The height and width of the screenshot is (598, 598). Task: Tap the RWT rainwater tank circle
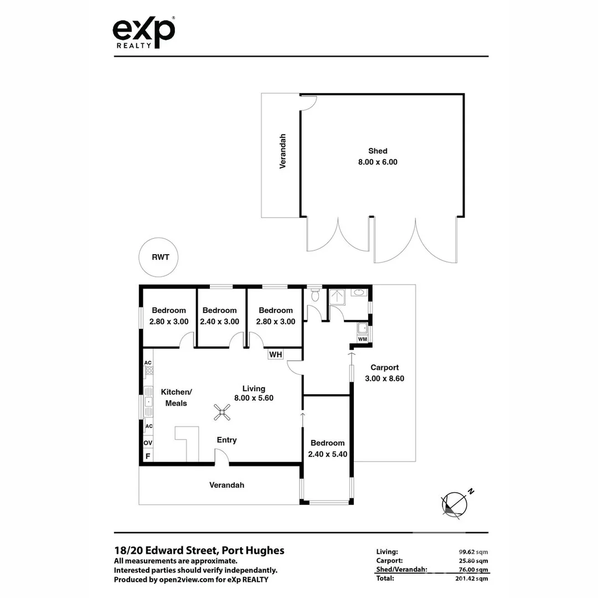(x=160, y=257)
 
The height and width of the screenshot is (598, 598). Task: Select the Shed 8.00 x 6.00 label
(x=378, y=157)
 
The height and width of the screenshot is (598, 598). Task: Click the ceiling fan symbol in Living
(x=223, y=411)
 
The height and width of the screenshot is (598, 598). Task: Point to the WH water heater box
(x=276, y=354)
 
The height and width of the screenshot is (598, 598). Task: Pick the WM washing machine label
(x=363, y=338)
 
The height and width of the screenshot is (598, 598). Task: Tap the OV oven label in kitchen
(x=148, y=443)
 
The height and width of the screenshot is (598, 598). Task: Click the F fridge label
(x=147, y=456)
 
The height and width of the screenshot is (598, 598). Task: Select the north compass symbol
(x=455, y=504)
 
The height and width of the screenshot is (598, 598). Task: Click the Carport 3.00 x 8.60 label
(x=384, y=373)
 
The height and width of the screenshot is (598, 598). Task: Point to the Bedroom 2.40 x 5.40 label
(x=327, y=448)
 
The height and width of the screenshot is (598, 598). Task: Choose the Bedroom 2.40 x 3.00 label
(x=219, y=316)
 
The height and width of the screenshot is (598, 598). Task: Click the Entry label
(x=226, y=440)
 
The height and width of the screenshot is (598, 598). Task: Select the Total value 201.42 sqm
(x=470, y=579)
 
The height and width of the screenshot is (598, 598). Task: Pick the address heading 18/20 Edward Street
(x=199, y=550)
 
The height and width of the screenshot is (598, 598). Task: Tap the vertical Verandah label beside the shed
(x=282, y=151)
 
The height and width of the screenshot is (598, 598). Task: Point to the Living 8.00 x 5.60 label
(x=254, y=393)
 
